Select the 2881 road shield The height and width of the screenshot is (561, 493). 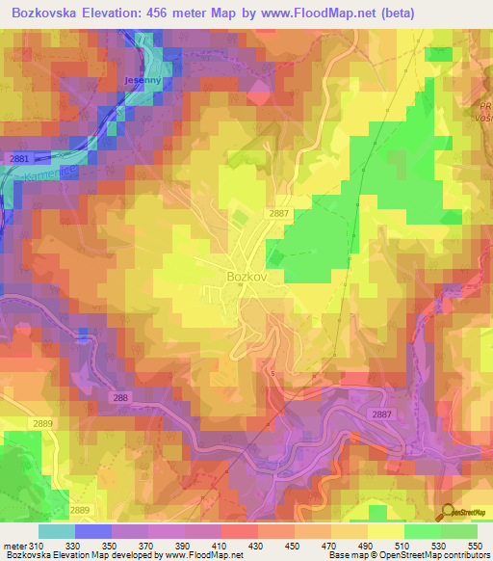(19, 157)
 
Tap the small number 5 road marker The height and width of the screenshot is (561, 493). (272, 373)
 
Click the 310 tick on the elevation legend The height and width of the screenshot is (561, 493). (38, 547)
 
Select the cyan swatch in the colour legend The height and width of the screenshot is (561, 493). (56, 531)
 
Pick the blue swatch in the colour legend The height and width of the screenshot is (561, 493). (93, 531)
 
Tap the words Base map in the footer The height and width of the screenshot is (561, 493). (349, 556)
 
